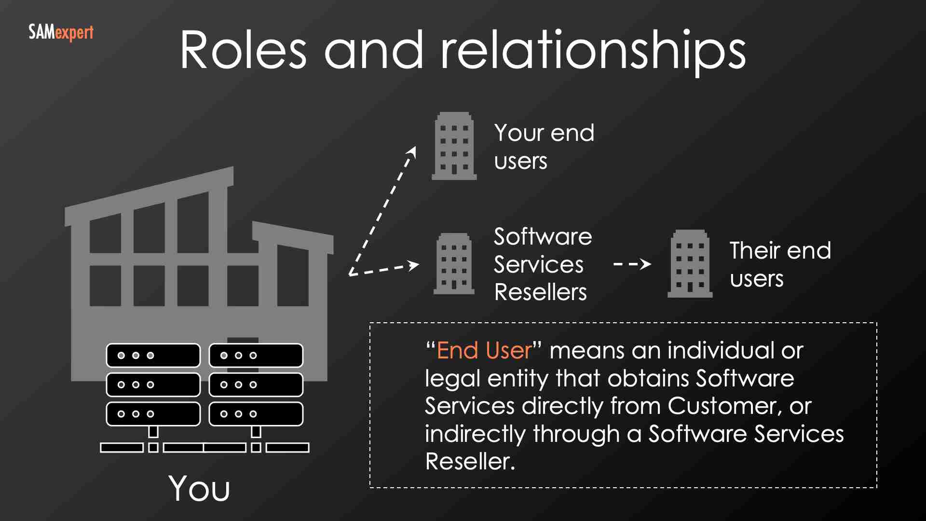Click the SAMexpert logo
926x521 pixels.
(x=61, y=33)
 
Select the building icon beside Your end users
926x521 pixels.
(x=454, y=146)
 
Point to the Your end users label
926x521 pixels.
(x=544, y=146)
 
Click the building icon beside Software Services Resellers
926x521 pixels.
(x=454, y=263)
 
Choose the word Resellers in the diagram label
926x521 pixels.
(x=541, y=292)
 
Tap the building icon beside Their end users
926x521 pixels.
(x=690, y=263)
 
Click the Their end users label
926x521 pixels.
(x=780, y=264)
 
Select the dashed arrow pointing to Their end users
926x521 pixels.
(x=632, y=264)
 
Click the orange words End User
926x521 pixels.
(x=484, y=350)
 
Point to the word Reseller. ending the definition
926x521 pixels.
(x=470, y=462)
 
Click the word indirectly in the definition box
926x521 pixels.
(x=475, y=434)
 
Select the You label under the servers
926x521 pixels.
(x=199, y=488)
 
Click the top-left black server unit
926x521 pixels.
(x=153, y=356)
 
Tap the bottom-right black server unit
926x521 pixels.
(x=256, y=414)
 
